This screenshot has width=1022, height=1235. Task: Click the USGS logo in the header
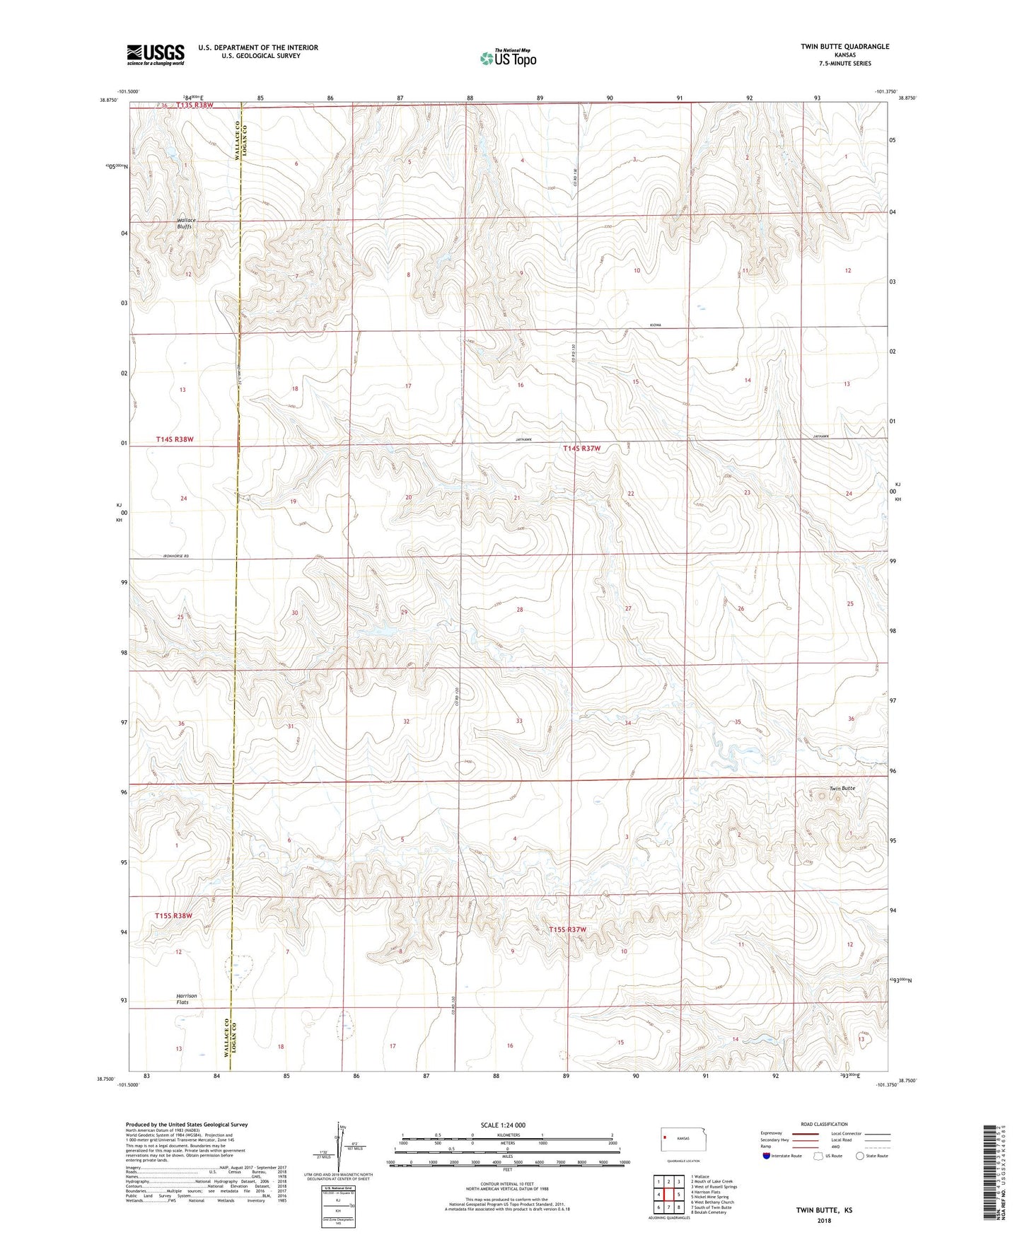156,54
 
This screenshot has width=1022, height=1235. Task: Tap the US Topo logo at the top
508,58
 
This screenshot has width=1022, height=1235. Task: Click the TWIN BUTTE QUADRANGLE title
844,47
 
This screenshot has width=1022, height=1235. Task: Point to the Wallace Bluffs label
186,224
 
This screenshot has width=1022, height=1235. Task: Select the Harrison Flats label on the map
187,999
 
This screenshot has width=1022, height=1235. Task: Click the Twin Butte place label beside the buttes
842,788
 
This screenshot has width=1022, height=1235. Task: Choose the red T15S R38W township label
173,916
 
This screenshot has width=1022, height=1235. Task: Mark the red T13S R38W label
185,105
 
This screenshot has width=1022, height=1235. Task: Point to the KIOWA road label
655,325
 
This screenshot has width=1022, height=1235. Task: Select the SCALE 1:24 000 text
502,1125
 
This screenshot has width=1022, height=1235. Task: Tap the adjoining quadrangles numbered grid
668,1195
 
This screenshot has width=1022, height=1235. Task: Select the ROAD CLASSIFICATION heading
824,1124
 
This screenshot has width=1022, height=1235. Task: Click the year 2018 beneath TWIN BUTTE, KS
824,1221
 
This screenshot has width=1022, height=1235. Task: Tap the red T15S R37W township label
568,929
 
